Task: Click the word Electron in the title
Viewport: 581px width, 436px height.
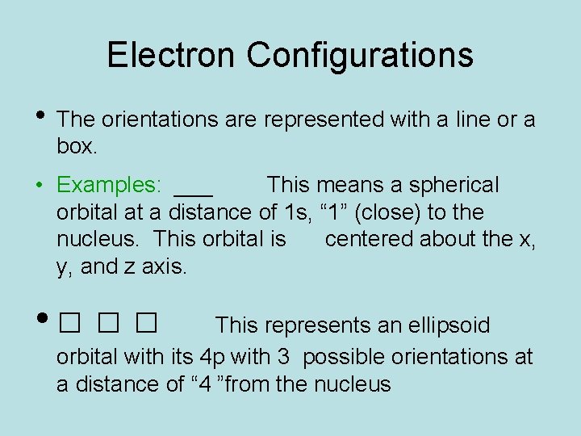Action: pyautogui.click(x=172, y=55)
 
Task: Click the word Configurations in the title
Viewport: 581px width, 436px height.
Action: pyautogui.click(x=360, y=55)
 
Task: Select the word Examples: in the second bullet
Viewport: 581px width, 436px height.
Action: pyautogui.click(x=110, y=185)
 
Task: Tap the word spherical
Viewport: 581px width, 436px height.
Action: pyautogui.click(x=454, y=185)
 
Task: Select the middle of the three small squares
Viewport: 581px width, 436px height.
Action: pyautogui.click(x=107, y=325)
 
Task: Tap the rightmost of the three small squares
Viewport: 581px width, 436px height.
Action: pyautogui.click(x=146, y=325)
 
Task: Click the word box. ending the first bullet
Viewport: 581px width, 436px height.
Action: pyautogui.click(x=77, y=147)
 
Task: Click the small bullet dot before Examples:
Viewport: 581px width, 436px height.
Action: pyautogui.click(x=39, y=186)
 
